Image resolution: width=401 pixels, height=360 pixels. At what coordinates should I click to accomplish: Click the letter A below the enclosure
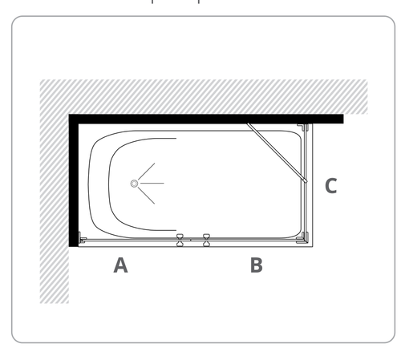click(120, 265)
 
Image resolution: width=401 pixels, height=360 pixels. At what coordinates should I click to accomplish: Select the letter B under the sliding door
click(257, 265)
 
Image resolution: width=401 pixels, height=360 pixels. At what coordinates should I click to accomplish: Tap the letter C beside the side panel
click(331, 186)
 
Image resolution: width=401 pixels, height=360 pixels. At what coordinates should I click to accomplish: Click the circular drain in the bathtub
click(134, 184)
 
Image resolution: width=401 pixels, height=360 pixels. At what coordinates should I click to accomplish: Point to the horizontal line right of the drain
click(152, 184)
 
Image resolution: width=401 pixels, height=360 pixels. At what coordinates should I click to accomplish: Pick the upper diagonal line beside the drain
click(147, 172)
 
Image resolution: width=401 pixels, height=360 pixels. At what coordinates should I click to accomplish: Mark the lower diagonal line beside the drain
click(147, 196)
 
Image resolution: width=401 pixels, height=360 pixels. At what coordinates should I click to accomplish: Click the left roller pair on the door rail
click(180, 240)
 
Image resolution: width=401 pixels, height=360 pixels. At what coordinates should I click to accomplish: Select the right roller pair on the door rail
click(206, 240)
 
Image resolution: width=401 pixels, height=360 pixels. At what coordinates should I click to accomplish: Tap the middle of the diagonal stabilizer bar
click(277, 152)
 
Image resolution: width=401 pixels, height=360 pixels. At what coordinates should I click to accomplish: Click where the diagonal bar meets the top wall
click(248, 123)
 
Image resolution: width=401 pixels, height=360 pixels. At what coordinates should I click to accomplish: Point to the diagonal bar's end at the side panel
click(306, 180)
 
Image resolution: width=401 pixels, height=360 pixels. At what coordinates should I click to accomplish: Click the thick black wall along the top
click(206, 119)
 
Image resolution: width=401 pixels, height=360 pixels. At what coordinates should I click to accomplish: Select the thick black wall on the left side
click(74, 180)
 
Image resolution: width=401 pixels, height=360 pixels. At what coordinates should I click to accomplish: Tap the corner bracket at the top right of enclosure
click(303, 127)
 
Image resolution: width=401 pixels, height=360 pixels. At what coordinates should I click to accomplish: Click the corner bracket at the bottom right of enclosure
click(303, 238)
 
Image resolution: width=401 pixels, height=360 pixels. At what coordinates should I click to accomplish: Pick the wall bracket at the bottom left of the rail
click(82, 238)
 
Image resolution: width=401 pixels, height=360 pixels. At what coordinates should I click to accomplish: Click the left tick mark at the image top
click(152, 2)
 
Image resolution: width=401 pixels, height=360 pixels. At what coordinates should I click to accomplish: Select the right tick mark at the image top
click(199, 2)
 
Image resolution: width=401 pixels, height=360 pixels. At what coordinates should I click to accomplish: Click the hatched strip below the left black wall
click(55, 275)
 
